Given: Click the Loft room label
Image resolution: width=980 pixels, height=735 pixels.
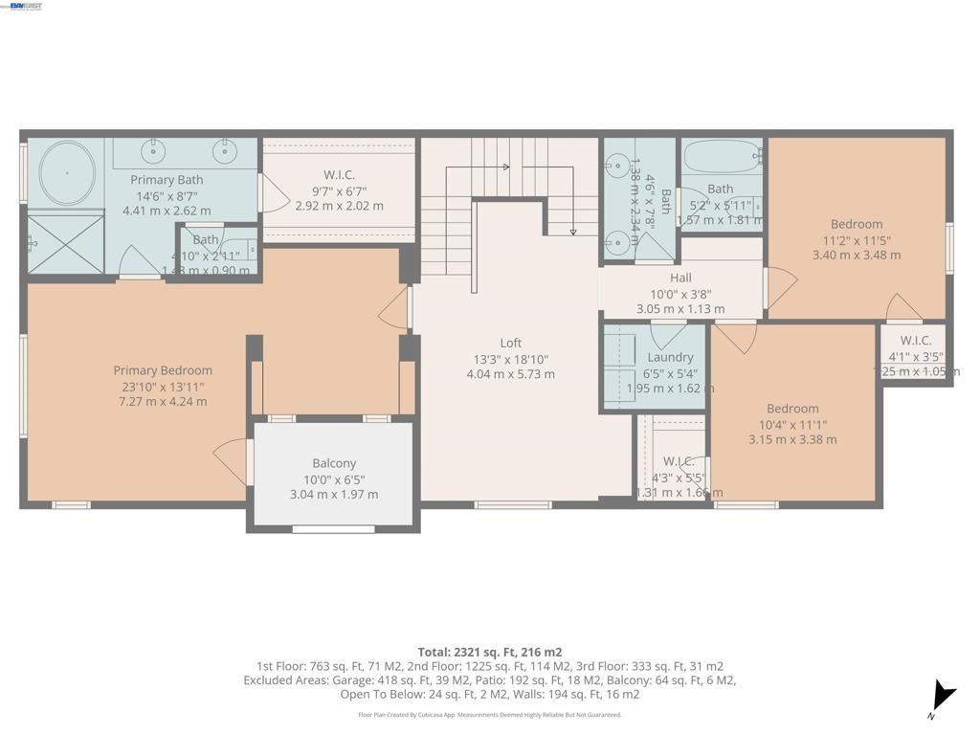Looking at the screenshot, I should pos(510,343).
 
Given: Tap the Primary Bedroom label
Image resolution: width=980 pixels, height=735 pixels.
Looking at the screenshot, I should pos(163,370).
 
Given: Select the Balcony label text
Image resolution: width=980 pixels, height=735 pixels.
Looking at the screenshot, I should pos(334,463).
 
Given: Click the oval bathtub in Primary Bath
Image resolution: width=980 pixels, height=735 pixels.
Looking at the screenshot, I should pos(67,173).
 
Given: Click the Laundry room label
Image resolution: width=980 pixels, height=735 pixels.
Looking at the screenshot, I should pos(670,357).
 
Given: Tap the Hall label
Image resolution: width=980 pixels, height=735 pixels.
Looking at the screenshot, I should pos(680,278).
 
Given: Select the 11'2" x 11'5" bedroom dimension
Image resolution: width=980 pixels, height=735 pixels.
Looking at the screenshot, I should pos(857,240).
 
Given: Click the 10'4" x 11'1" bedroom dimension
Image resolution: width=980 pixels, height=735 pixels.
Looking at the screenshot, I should pos(792,424).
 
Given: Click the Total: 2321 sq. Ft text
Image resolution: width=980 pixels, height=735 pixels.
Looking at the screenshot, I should pos(489,652).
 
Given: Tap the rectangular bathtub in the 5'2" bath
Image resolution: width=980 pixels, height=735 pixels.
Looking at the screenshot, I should pos(721,154).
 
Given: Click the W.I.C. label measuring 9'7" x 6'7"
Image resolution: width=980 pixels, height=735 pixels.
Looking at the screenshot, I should pos(339,174).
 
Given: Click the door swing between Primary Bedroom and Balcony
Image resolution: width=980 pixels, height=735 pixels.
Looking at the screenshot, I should pos(233,460).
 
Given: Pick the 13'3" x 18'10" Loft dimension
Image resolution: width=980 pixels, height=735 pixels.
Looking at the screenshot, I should pos(510,359).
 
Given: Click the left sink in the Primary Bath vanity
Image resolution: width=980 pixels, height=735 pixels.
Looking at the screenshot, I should pos(153,151).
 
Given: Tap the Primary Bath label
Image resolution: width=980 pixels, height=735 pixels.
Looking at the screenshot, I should pos(167,180).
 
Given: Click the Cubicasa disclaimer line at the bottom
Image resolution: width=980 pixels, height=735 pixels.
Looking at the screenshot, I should pos(489,715).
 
